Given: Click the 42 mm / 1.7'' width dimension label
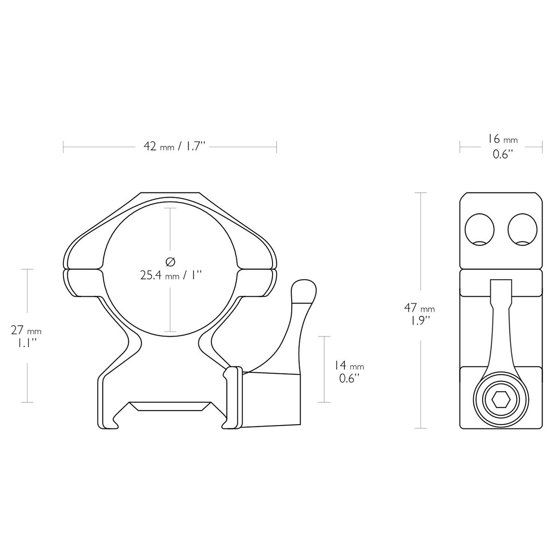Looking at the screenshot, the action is (175, 147).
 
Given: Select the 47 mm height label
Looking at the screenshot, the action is (420, 308).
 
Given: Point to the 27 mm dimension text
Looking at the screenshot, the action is (26, 331).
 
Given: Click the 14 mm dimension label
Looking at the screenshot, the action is (349, 365).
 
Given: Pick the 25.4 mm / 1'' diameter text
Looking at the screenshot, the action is (171, 275).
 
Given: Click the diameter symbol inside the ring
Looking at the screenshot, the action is (170, 261).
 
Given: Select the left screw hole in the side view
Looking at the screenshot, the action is (480, 230).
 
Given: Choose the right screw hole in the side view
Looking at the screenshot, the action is (523, 230).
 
